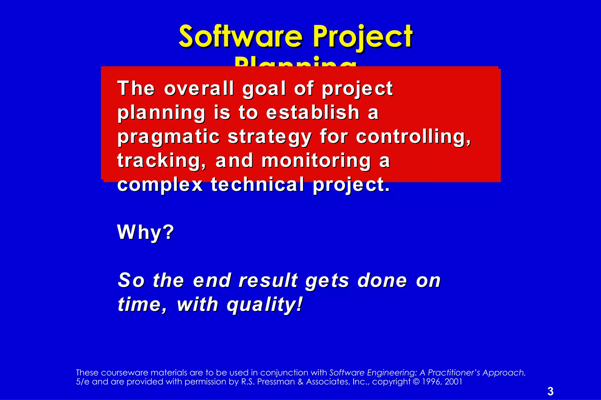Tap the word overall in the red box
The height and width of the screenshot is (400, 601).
tap(199, 88)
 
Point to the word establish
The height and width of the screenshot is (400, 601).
tap(313, 113)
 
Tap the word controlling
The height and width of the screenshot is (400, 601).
tap(413, 137)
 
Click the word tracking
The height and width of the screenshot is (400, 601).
tap(161, 161)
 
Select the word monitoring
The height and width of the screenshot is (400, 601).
tap(316, 161)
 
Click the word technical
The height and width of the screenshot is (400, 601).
tap(258, 185)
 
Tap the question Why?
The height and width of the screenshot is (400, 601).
tap(146, 232)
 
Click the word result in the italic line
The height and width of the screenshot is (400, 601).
tap(268, 280)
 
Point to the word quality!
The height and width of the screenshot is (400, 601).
tap(264, 305)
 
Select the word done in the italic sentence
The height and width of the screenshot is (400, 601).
tap(382, 280)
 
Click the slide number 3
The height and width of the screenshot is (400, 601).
tap(550, 391)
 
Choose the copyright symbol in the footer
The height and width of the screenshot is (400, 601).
tap(416, 382)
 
